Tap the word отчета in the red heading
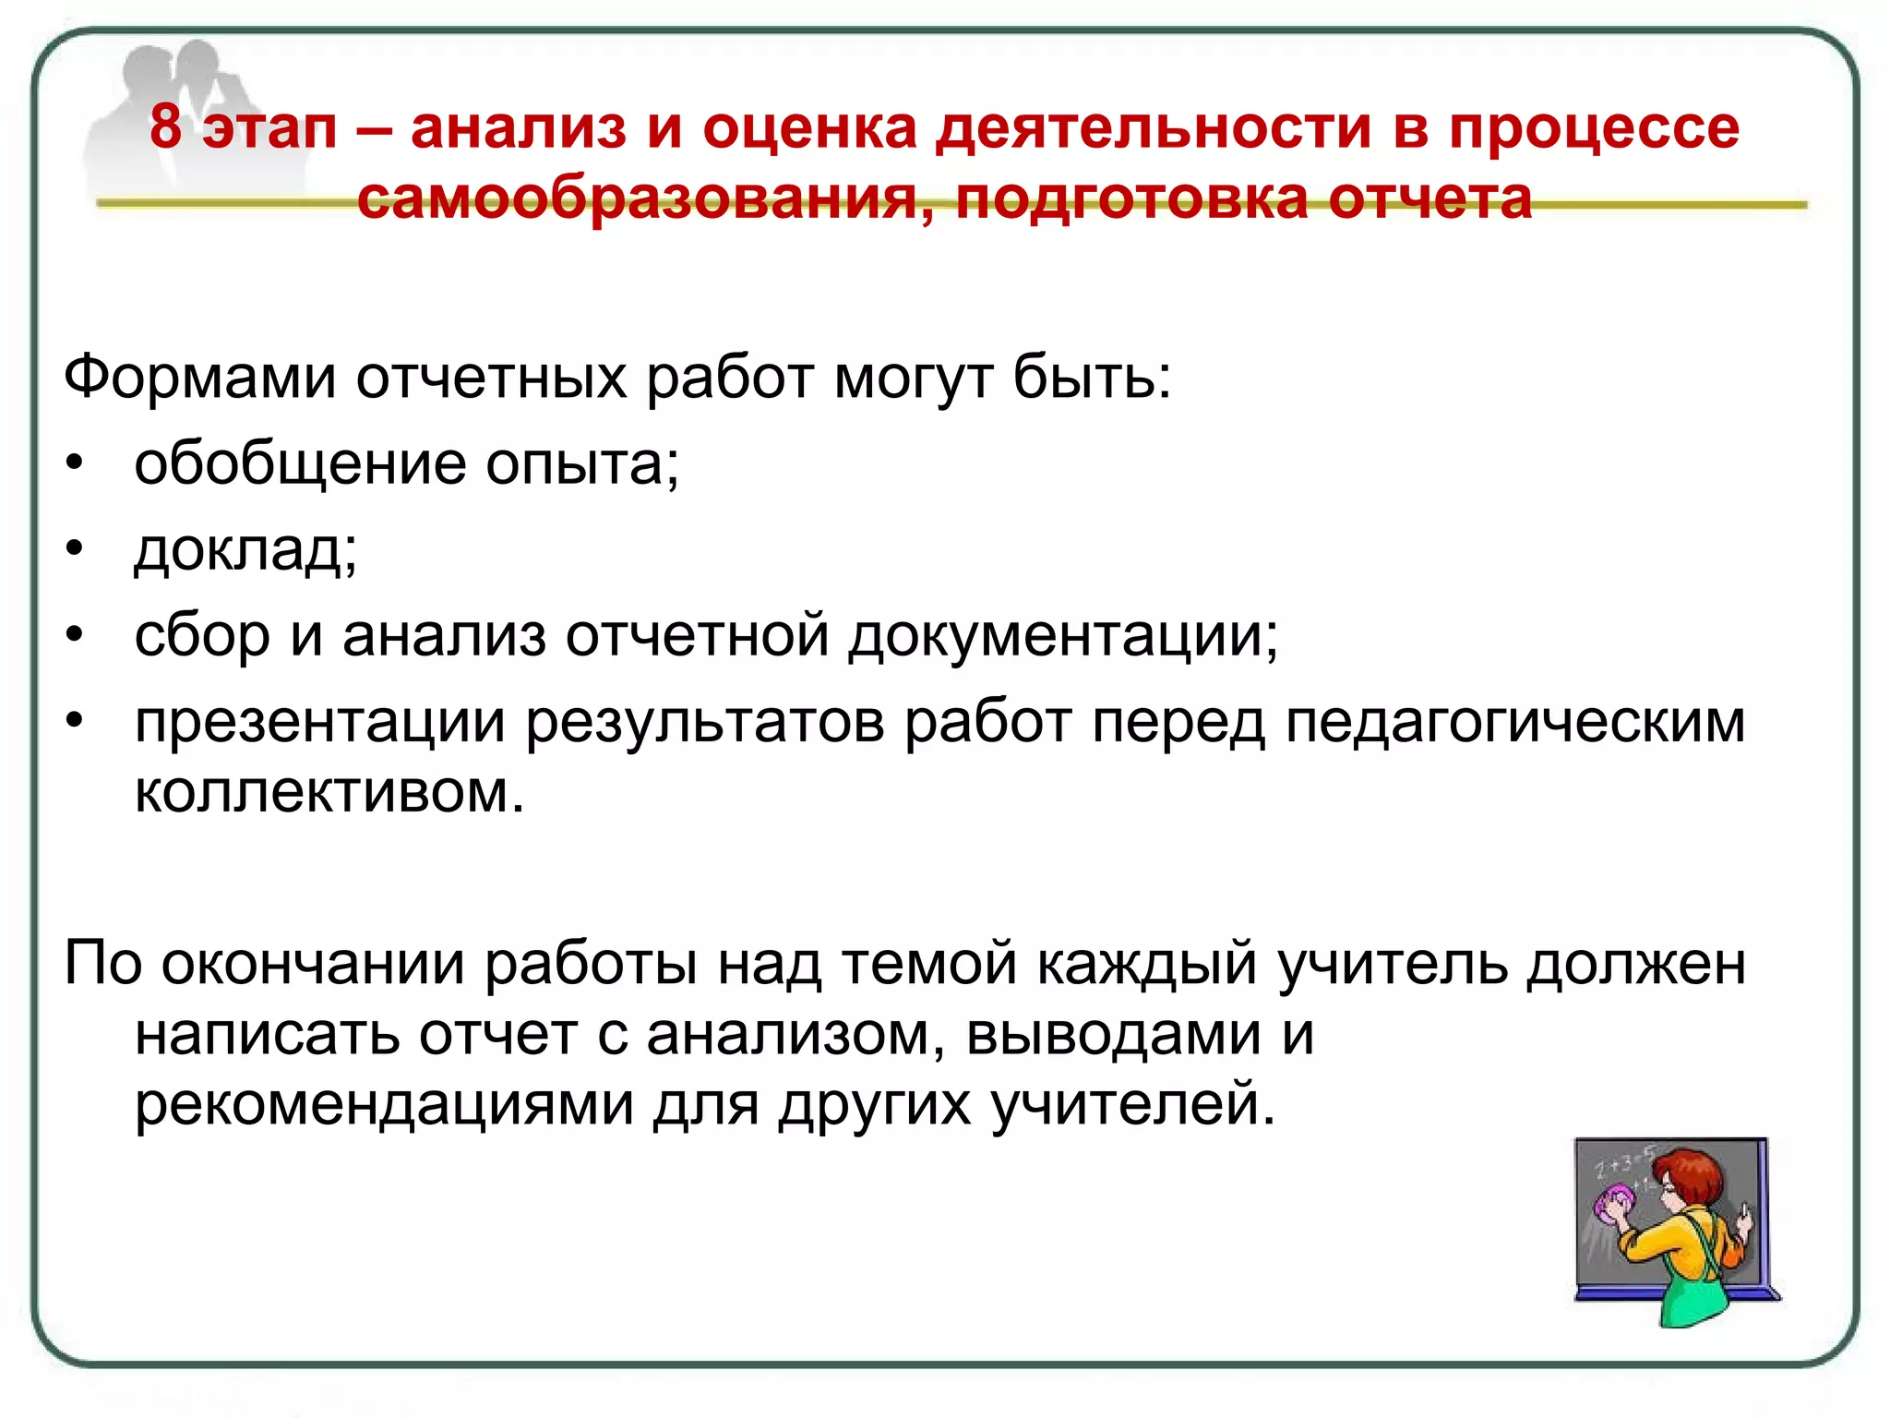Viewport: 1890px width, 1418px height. point(1429,198)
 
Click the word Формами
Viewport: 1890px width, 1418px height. point(199,378)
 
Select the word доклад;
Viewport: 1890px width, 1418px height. point(245,549)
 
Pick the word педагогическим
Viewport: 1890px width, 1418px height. point(1514,722)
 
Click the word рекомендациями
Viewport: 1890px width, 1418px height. point(384,1104)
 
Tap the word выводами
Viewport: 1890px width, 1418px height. point(1113,1034)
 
